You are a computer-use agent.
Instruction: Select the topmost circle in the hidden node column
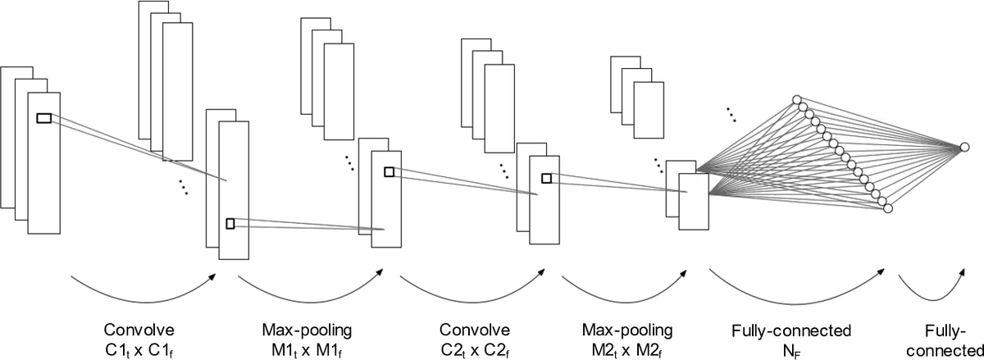(x=796, y=100)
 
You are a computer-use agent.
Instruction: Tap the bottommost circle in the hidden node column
(x=886, y=210)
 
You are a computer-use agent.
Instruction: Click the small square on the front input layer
(x=43, y=119)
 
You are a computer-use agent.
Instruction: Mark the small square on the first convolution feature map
(x=230, y=223)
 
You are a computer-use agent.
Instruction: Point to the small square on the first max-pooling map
(x=389, y=171)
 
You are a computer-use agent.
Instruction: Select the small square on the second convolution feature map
(x=546, y=177)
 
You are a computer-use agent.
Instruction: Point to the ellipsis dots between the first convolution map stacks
(x=183, y=188)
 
